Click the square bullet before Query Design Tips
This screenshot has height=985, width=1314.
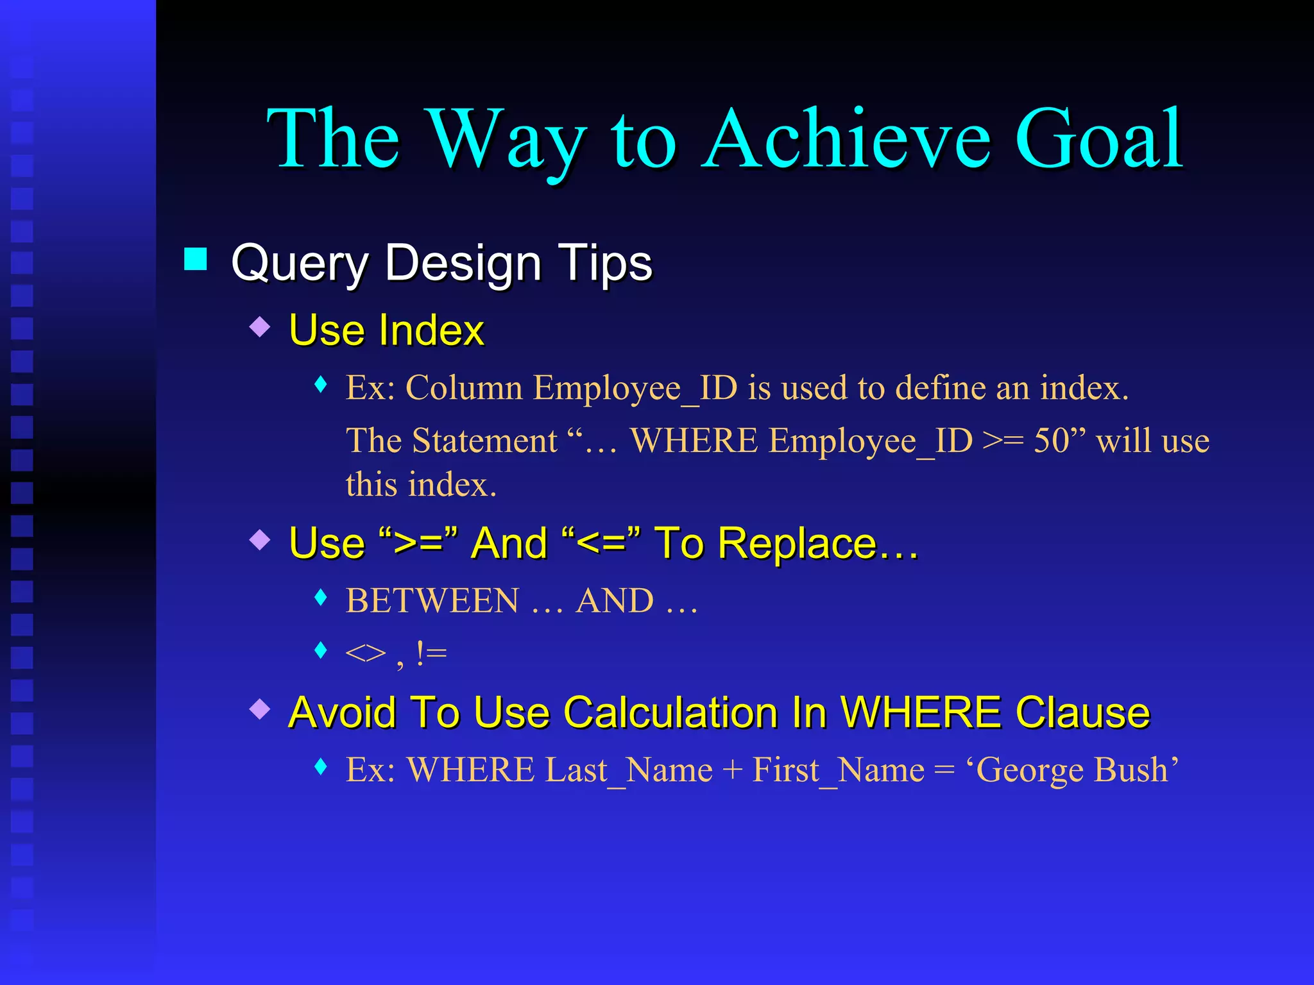click(196, 260)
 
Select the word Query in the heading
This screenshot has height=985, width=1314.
click(300, 264)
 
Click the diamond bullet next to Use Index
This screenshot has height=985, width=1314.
click(260, 326)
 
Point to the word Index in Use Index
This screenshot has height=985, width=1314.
click(431, 330)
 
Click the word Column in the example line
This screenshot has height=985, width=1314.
click(464, 388)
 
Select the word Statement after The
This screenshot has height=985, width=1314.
click(484, 441)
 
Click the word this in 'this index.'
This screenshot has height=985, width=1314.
click(371, 484)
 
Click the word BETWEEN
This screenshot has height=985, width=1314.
click(432, 601)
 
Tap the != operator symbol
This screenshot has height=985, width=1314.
click(431, 653)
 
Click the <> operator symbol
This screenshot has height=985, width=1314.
click(365, 653)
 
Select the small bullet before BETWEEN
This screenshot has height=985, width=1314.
click(321, 598)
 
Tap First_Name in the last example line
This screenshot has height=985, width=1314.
click(838, 770)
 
